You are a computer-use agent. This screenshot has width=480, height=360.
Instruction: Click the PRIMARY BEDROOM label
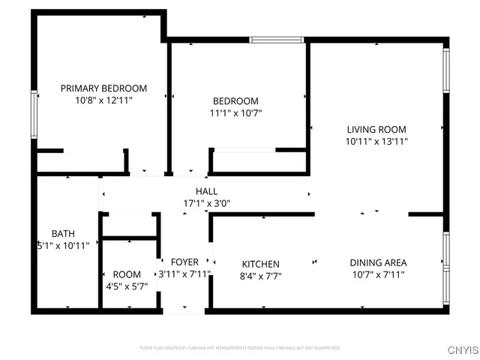[103, 88]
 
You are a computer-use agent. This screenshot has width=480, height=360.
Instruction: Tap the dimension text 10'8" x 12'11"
[103, 100]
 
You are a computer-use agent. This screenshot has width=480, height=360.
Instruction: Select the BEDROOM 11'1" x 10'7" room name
[235, 101]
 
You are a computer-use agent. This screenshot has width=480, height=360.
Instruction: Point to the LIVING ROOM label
[376, 128]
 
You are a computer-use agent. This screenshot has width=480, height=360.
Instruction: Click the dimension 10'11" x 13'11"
[376, 140]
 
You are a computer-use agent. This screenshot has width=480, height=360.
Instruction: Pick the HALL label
[207, 191]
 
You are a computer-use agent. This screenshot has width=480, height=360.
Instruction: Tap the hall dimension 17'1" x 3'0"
[207, 203]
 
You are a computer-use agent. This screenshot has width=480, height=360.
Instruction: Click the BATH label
[63, 233]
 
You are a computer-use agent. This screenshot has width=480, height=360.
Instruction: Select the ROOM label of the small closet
[127, 274]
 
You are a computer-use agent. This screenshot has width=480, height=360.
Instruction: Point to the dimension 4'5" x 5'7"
[127, 286]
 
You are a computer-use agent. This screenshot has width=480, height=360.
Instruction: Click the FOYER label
[184, 262]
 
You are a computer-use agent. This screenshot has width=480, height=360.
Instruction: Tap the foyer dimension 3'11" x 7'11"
[184, 274]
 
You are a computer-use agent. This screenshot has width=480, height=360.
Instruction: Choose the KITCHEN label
[260, 264]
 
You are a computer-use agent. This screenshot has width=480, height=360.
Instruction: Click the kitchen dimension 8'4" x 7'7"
[260, 276]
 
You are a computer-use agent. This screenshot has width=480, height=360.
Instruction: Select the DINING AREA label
[378, 262]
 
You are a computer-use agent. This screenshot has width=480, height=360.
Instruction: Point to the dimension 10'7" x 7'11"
[378, 274]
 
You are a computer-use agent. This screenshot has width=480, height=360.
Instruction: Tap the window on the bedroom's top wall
[277, 40]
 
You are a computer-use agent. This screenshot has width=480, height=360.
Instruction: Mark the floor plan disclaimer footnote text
[240, 348]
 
